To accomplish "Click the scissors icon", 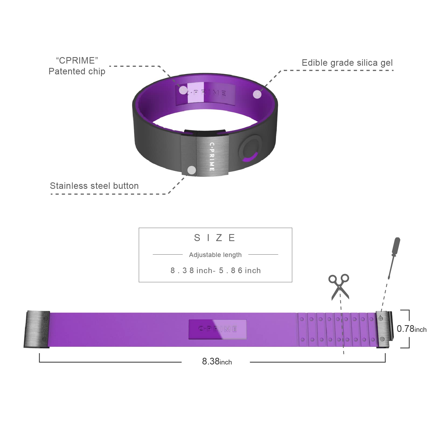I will click(x=339, y=286).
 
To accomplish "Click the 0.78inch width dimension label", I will click(x=411, y=329).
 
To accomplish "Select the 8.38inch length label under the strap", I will click(x=217, y=362).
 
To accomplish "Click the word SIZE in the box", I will click(x=215, y=238).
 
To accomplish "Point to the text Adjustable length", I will click(x=215, y=255).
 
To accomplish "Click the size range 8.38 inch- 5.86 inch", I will click(x=215, y=270).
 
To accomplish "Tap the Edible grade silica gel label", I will click(x=347, y=63).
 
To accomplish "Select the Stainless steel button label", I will click(x=94, y=186).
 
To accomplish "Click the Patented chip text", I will click(x=77, y=71).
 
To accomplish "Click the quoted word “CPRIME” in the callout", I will click(x=77, y=61).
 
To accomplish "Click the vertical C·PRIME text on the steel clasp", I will click(x=212, y=157).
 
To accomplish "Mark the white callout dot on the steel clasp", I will click(x=192, y=170).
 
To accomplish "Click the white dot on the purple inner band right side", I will click(x=257, y=94).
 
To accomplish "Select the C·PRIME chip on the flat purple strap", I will click(x=217, y=329).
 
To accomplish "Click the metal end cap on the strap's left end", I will click(x=37, y=329).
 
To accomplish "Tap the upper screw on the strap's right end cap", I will click(x=381, y=319).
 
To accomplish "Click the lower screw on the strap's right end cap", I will click(x=382, y=339).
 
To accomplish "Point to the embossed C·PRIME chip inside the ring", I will click(x=206, y=93).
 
